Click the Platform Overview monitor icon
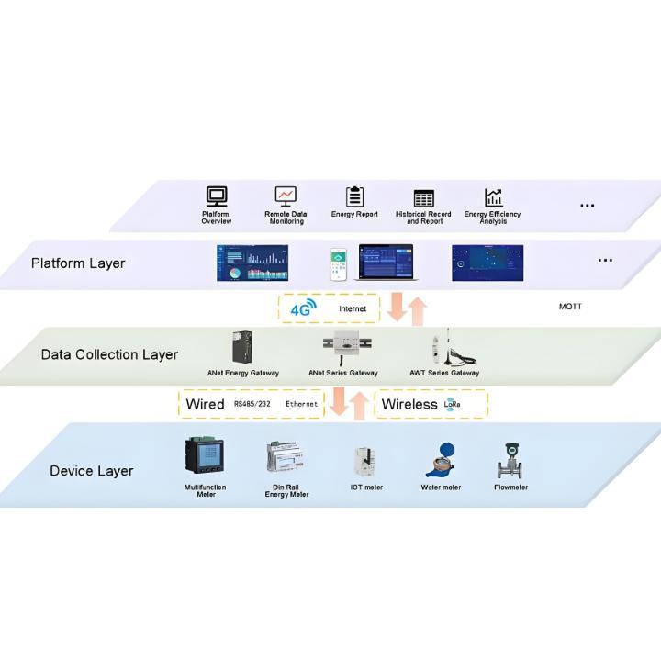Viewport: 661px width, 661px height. tap(217, 196)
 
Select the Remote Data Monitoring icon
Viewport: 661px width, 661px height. tap(286, 196)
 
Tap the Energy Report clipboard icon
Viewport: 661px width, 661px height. tap(354, 196)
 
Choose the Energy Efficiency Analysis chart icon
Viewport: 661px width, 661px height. tap(494, 197)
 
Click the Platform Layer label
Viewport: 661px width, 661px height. tap(78, 263)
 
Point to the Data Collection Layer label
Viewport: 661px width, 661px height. tap(109, 354)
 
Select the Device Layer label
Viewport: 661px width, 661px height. tap(92, 471)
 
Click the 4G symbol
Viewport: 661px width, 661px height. tap(302, 309)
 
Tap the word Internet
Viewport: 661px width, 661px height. tap(353, 309)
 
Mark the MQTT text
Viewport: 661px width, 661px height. tap(570, 306)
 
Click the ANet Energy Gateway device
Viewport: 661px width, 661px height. tap(242, 348)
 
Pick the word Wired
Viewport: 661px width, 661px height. tap(205, 404)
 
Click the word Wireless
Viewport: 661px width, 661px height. tap(409, 404)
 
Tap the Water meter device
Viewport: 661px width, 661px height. tap(441, 459)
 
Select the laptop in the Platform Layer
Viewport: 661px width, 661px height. tap(386, 263)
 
